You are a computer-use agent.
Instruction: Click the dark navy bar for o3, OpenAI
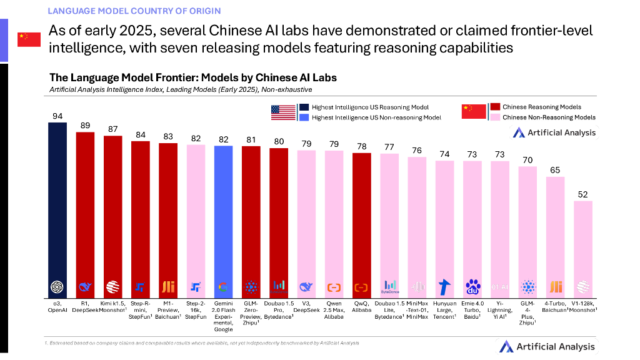point(57,200)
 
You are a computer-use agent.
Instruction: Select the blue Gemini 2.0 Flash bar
point(224,212)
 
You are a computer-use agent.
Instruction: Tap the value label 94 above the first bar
point(57,116)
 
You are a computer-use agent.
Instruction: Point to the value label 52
point(583,195)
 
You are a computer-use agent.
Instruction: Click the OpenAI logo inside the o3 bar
point(57,287)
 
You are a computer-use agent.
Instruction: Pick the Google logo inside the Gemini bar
point(224,287)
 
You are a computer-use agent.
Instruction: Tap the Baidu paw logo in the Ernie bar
point(472,287)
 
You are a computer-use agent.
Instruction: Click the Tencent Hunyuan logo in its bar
point(445,287)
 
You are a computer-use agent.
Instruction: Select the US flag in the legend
point(283,112)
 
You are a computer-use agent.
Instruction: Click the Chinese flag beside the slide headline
point(29,39)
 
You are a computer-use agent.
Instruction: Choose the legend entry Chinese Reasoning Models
point(541,107)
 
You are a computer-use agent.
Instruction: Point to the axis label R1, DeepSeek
point(85,306)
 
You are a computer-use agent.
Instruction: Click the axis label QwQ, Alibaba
point(362,306)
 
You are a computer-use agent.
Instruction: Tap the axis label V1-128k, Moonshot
point(583,306)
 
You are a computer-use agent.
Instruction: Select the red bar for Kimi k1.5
point(113,206)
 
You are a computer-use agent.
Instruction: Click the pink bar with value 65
point(556,231)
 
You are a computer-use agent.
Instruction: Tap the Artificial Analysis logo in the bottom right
point(547,346)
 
